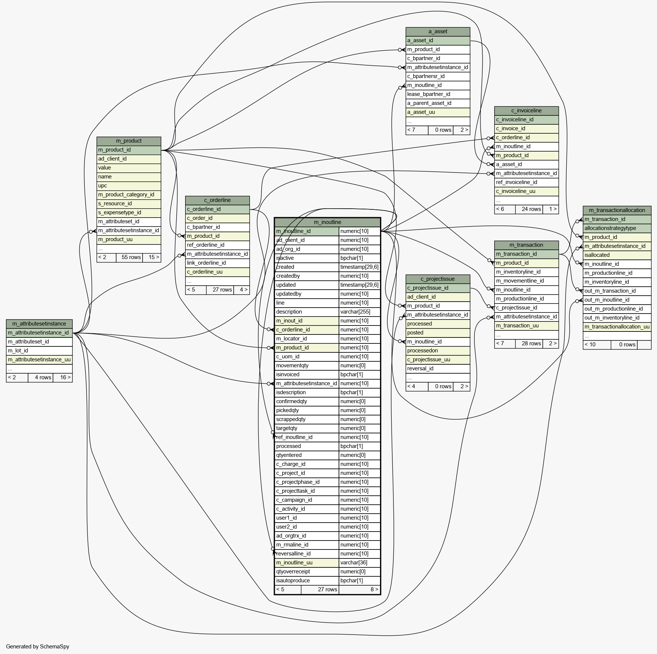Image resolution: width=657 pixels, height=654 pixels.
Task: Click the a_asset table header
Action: (438, 32)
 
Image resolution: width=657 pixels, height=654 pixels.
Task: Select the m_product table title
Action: (128, 141)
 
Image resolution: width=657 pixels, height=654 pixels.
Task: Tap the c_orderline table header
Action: (217, 200)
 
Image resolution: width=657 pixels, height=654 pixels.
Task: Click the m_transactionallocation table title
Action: (617, 211)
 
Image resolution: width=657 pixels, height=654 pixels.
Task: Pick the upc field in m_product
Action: (128, 186)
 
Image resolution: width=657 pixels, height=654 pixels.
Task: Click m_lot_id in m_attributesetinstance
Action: (39, 351)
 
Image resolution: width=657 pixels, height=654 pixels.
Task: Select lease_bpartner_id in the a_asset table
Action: (438, 94)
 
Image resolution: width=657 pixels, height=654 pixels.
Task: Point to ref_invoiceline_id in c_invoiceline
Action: (526, 183)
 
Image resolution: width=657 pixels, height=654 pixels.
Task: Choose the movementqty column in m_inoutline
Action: (306, 366)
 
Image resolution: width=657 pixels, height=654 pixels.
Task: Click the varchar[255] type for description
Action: (359, 312)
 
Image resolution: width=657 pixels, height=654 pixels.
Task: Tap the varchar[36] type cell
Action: (359, 563)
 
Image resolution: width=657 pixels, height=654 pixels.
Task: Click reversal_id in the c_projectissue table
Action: (438, 369)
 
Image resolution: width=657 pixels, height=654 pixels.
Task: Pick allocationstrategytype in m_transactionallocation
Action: (617, 228)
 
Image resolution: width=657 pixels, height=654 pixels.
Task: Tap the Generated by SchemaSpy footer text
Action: (38, 647)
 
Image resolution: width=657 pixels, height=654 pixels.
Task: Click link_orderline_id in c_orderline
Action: (217, 263)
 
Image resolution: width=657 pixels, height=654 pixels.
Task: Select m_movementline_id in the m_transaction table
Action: (526, 281)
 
